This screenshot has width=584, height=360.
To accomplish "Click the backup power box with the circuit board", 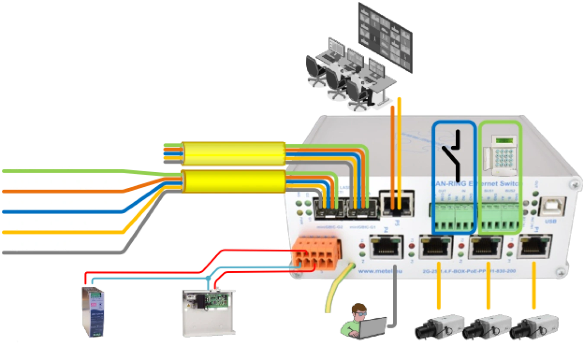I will (209, 310).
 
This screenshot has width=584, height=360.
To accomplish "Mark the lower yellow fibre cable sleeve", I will (234, 181).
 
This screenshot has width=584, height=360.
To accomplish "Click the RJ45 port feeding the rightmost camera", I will (536, 247).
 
